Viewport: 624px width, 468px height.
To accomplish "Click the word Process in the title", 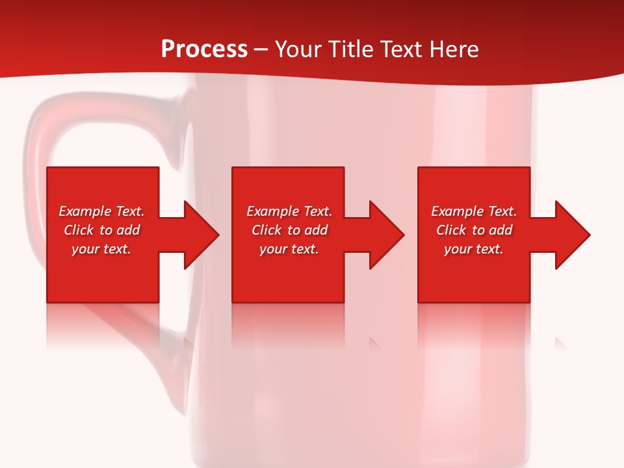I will click(x=204, y=49).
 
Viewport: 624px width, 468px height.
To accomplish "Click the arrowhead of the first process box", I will click(x=201, y=235).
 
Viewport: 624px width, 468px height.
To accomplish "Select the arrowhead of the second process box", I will click(x=386, y=235).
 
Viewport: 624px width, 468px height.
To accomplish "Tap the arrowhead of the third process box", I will click(x=572, y=235).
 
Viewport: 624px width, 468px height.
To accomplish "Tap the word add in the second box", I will click(x=316, y=230).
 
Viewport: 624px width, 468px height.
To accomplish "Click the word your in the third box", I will click(x=458, y=249).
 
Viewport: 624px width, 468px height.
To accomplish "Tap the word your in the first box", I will click(x=85, y=249).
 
